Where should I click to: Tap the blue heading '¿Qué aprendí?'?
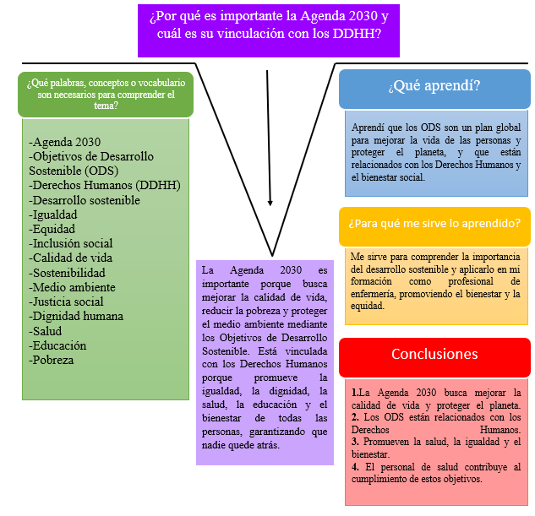pos(434,87)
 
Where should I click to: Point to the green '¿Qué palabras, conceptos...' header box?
pos(105,93)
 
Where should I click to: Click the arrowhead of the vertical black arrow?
pos(270,203)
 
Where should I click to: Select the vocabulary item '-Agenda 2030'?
pos(64,142)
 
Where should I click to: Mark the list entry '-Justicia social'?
pos(67,301)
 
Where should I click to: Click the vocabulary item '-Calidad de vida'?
pos(70,258)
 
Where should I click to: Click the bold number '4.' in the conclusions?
pos(356,466)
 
